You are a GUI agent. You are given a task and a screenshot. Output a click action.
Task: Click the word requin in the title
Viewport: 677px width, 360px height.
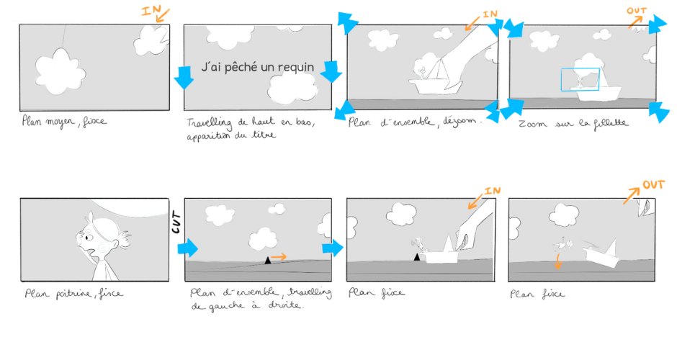296,68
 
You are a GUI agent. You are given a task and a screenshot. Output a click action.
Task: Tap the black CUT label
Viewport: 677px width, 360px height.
176,222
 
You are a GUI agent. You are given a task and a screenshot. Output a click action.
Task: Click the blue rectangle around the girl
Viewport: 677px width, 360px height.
580,79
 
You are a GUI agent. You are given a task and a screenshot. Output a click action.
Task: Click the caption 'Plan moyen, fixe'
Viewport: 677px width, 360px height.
64,121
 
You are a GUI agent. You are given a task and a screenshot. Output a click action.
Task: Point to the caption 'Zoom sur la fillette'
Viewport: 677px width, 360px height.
573,123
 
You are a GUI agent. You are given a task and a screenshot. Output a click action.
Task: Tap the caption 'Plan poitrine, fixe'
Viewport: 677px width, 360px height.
73,294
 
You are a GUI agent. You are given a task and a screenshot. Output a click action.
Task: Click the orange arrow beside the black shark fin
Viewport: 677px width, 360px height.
279,257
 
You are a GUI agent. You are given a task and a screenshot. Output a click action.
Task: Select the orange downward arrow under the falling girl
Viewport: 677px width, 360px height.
558,261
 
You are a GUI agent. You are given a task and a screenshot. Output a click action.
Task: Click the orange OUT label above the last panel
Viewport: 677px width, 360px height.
653,185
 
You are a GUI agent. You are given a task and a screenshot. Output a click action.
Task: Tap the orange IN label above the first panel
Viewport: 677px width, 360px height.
151,10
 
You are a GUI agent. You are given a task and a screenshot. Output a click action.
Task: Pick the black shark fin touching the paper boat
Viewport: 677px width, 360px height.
417,257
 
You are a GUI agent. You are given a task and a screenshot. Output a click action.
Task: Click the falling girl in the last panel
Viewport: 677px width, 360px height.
562,245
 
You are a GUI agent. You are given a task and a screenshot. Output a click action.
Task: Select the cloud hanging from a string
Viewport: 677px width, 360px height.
60,71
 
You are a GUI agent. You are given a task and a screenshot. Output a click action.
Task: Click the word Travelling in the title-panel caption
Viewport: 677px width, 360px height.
210,123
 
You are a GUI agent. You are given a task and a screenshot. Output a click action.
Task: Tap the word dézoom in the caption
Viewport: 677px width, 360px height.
459,121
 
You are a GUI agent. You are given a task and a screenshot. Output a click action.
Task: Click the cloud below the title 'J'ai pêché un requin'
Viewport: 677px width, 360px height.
292,89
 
